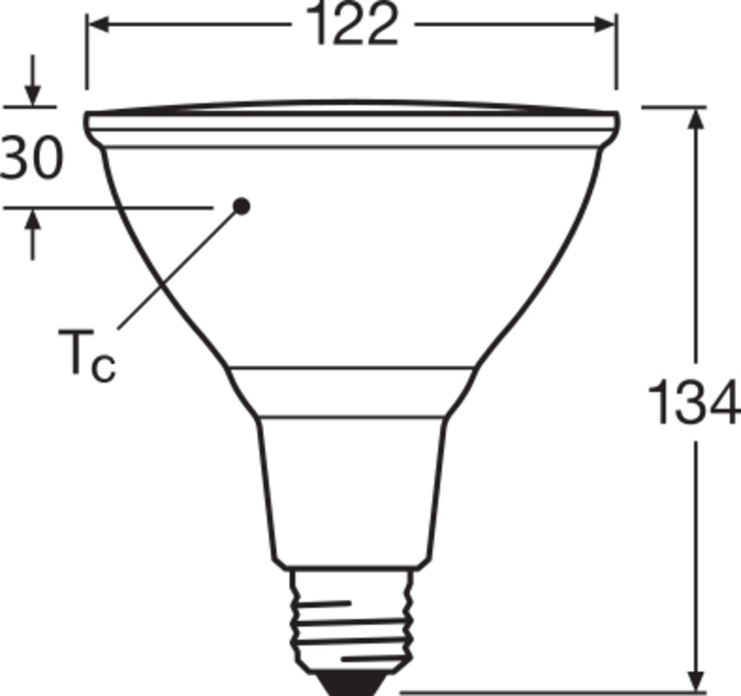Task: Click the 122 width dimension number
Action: (351, 24)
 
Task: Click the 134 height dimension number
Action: (693, 402)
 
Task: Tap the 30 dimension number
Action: (32, 157)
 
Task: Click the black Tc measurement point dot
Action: (242, 207)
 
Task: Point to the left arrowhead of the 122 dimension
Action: (99, 24)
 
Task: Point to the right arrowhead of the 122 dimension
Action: (605, 24)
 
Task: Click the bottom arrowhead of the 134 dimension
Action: (696, 681)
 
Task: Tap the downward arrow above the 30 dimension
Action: (32, 80)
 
